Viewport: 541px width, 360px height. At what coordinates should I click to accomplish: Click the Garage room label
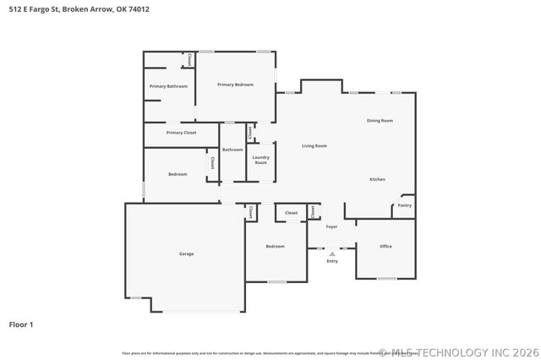click(186, 254)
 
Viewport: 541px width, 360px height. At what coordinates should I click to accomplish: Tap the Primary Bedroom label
click(235, 85)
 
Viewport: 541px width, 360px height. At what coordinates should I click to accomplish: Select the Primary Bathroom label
click(168, 86)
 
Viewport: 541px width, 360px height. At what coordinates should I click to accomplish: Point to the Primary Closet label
click(181, 133)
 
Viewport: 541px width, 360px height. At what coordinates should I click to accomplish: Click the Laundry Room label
click(260, 160)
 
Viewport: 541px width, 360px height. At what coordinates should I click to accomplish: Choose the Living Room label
click(314, 146)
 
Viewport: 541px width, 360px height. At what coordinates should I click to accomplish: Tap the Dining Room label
click(380, 121)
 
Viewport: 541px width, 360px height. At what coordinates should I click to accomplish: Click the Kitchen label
click(377, 179)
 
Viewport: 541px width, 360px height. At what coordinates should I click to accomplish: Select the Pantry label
click(405, 205)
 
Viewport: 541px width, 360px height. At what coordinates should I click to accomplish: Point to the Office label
click(385, 246)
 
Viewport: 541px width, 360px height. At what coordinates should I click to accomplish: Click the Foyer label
click(331, 226)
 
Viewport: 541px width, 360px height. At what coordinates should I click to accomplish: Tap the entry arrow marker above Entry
click(332, 253)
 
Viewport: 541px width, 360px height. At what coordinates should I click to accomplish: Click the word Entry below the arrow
click(332, 261)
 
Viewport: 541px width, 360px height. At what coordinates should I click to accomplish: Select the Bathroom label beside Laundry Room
click(232, 150)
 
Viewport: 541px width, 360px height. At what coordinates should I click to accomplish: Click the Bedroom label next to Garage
click(275, 246)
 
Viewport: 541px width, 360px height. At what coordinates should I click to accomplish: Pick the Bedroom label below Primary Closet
click(178, 174)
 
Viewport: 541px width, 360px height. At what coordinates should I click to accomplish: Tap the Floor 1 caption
click(21, 324)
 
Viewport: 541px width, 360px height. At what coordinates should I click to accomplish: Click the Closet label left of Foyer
click(291, 213)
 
